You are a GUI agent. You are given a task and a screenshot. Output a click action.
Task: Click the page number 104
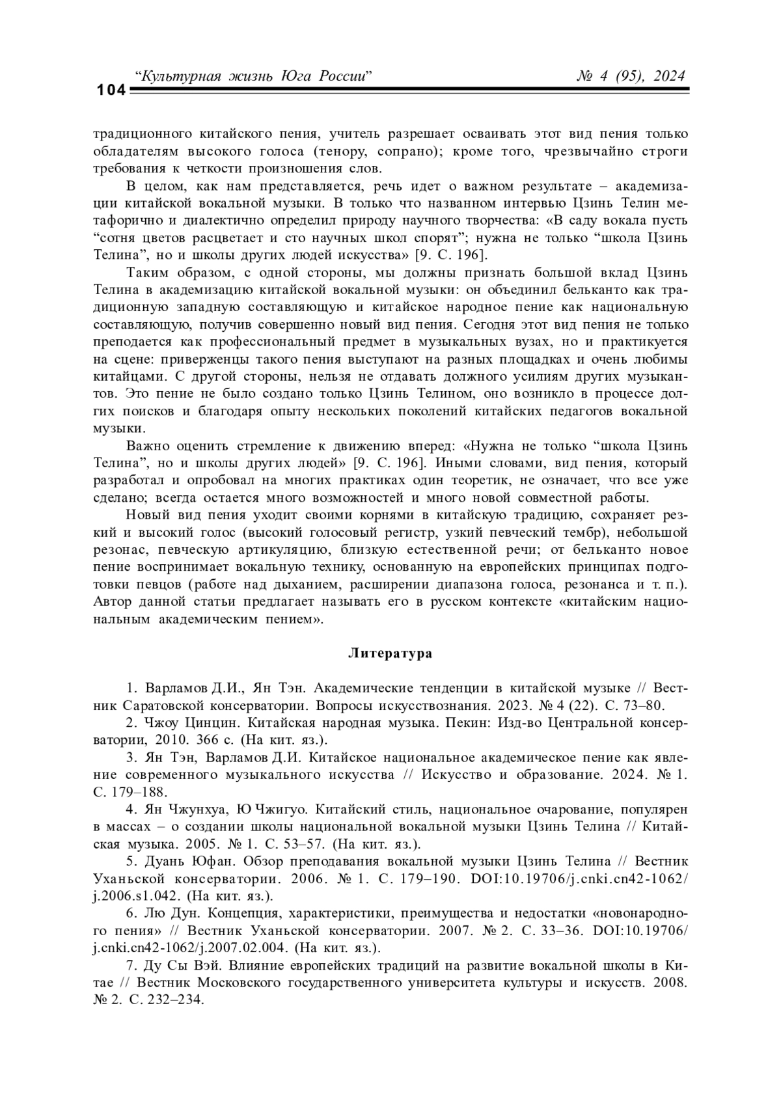pyautogui.click(x=110, y=90)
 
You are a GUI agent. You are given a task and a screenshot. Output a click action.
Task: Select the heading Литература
pyautogui.click(x=390, y=653)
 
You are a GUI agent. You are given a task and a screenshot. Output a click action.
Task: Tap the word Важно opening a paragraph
pyautogui.click(x=147, y=446)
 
